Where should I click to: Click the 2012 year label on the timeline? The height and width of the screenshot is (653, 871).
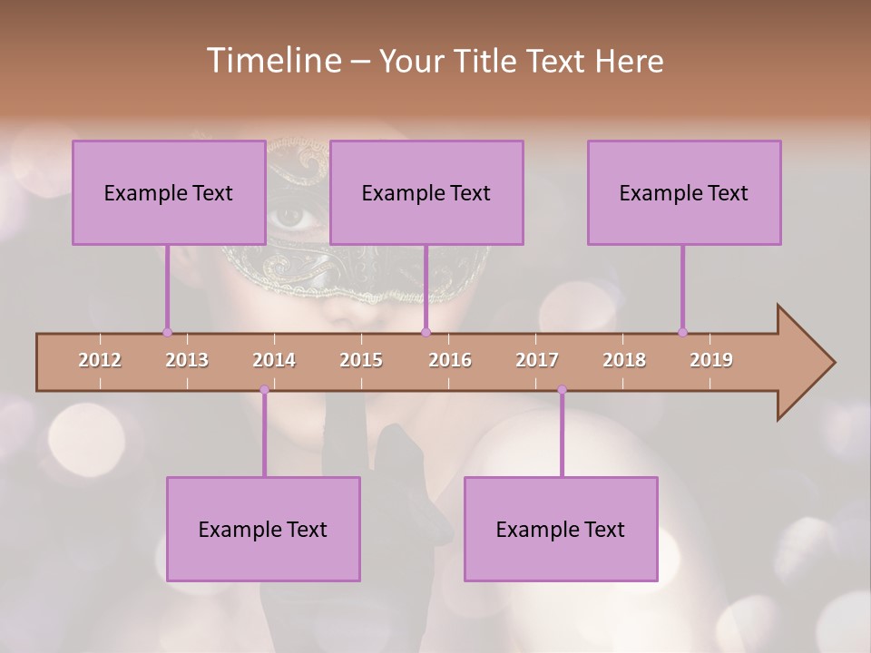[100, 360]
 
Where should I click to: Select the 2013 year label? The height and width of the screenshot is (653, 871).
[187, 360]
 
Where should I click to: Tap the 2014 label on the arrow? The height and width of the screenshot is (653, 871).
[274, 360]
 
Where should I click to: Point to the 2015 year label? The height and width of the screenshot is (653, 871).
[361, 360]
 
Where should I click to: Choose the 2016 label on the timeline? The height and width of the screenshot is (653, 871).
[450, 360]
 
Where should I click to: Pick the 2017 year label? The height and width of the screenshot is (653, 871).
[537, 360]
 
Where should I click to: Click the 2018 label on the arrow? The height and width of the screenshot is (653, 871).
[624, 360]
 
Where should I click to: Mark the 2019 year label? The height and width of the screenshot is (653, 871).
[711, 360]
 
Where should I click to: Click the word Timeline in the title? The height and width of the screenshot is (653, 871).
[273, 61]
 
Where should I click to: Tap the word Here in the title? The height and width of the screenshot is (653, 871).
[629, 62]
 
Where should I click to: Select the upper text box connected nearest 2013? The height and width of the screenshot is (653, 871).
[169, 192]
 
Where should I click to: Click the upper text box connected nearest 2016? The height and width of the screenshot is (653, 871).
[426, 192]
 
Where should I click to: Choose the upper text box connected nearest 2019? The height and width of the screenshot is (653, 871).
[684, 192]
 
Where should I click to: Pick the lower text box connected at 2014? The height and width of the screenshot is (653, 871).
[263, 529]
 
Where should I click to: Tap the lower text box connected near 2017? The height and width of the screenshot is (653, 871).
[561, 529]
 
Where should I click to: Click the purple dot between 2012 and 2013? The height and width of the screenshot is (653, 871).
[167, 332]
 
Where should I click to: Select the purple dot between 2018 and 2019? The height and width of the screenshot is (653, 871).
[682, 332]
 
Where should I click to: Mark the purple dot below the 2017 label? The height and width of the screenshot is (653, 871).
[562, 390]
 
